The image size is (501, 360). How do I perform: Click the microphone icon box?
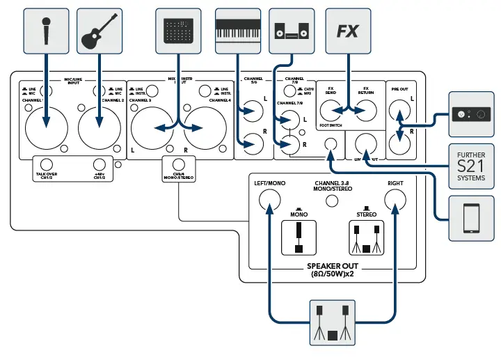(47, 28)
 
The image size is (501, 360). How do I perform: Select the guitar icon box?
(97, 28)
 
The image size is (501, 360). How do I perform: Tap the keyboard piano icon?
(237, 28)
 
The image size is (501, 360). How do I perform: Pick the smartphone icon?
(472, 217)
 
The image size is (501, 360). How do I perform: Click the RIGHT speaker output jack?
(396, 202)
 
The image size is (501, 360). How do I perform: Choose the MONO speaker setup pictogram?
(298, 238)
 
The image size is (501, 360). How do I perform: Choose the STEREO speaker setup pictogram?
(366, 238)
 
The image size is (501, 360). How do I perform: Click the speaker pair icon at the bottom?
(332, 322)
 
